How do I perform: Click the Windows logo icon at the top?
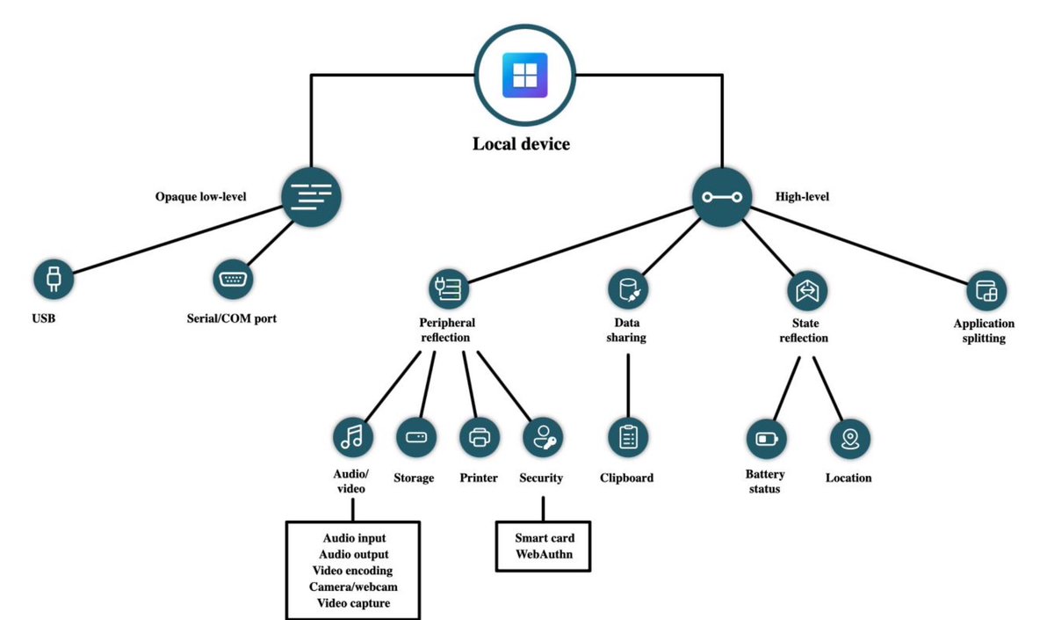click(x=524, y=75)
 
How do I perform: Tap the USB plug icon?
click(x=53, y=279)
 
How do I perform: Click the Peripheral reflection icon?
click(x=449, y=288)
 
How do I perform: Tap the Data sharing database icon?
click(x=628, y=288)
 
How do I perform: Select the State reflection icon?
click(x=806, y=288)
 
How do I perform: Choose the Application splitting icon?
click(x=985, y=288)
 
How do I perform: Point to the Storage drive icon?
click(x=416, y=436)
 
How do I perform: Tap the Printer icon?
click(x=480, y=436)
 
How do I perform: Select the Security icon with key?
click(x=543, y=436)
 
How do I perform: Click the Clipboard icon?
click(x=628, y=436)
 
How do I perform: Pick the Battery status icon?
click(x=766, y=438)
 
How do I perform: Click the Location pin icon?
click(x=849, y=438)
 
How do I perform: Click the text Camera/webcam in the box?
click(x=353, y=586)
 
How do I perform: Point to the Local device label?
click(x=521, y=144)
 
